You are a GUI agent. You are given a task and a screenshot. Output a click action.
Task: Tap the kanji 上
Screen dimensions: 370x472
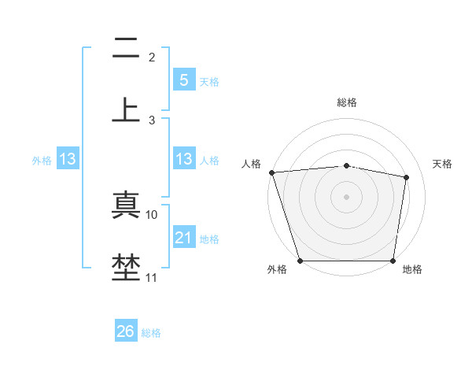(x=126, y=109)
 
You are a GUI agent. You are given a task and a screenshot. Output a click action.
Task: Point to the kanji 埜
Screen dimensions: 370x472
(x=126, y=266)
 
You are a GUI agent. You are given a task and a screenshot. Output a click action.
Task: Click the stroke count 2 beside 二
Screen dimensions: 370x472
(x=152, y=57)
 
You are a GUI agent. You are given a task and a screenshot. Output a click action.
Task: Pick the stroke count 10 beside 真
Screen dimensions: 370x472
(x=152, y=214)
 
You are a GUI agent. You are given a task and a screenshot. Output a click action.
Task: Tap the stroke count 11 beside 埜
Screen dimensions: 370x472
(x=152, y=277)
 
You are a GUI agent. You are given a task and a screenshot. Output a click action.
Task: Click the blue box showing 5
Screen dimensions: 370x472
(x=183, y=80)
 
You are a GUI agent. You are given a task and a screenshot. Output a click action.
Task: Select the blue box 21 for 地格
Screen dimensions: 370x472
(x=183, y=238)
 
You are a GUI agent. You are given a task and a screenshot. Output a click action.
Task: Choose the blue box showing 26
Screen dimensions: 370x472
(x=126, y=331)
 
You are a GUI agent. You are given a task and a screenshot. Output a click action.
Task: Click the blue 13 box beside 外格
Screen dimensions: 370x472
(x=68, y=159)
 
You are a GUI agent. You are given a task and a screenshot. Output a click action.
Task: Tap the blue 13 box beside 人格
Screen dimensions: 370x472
(x=183, y=159)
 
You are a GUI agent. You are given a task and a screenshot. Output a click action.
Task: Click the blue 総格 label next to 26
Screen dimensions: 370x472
(x=151, y=333)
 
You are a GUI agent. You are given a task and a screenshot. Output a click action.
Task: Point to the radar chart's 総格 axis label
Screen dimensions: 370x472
(x=347, y=102)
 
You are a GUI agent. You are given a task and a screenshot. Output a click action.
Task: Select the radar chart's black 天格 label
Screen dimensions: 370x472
(x=443, y=164)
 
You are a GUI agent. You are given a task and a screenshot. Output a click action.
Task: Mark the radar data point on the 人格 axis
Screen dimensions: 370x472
(x=271, y=172)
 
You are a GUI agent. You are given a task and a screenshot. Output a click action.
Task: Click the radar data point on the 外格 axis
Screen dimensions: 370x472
(x=300, y=261)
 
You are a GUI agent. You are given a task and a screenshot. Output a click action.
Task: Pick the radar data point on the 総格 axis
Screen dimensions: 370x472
(x=347, y=165)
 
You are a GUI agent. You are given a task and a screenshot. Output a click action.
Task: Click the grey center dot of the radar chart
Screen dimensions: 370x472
(x=347, y=196)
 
